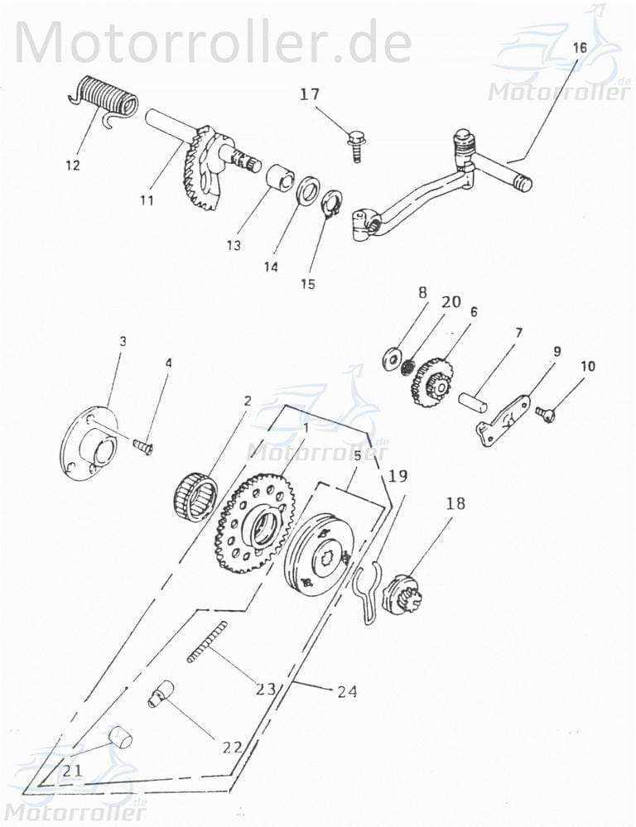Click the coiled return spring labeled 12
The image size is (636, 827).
[x=103, y=97]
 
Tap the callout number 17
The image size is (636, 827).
[x=310, y=94]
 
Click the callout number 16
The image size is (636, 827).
[x=579, y=48]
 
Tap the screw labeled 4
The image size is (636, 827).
[x=143, y=447]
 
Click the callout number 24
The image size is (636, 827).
[x=347, y=691]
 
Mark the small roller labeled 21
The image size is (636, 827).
[x=122, y=736]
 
